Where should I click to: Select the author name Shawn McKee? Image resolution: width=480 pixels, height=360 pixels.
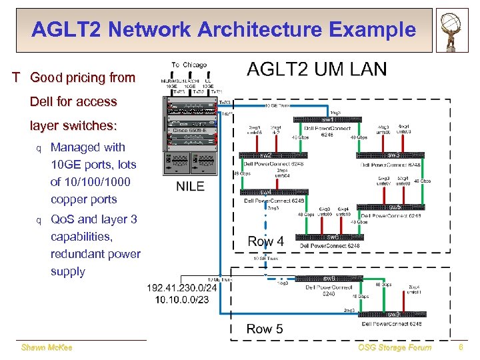pyautogui.click(x=47, y=347)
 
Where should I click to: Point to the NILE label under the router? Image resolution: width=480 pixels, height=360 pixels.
pyautogui.click(x=190, y=186)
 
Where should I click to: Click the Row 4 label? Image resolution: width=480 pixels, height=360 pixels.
pyautogui.click(x=265, y=241)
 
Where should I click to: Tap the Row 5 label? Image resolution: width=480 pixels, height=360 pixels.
pyautogui.click(x=265, y=329)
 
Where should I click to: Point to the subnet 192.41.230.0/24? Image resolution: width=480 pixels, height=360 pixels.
pyautogui.click(x=182, y=288)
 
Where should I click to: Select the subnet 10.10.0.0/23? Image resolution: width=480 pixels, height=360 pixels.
pyautogui.click(x=182, y=300)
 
